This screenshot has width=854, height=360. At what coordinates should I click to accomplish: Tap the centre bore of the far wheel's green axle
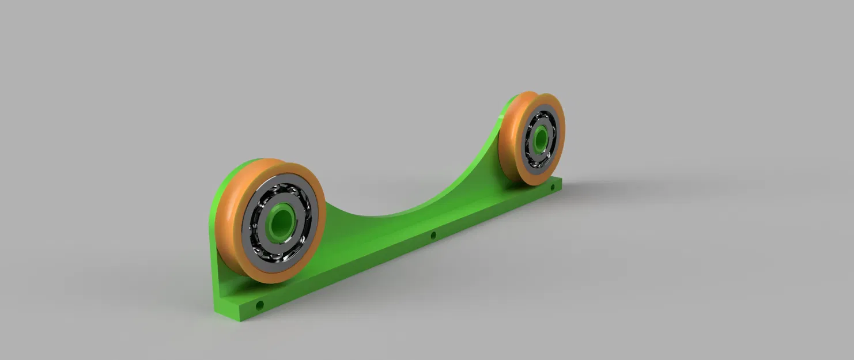tap(541, 138)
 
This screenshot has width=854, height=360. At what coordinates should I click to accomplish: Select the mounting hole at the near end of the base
tap(260, 304)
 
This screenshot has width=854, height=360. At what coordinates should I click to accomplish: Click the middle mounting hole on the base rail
tap(433, 235)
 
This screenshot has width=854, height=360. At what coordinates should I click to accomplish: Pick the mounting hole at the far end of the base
tap(552, 187)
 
